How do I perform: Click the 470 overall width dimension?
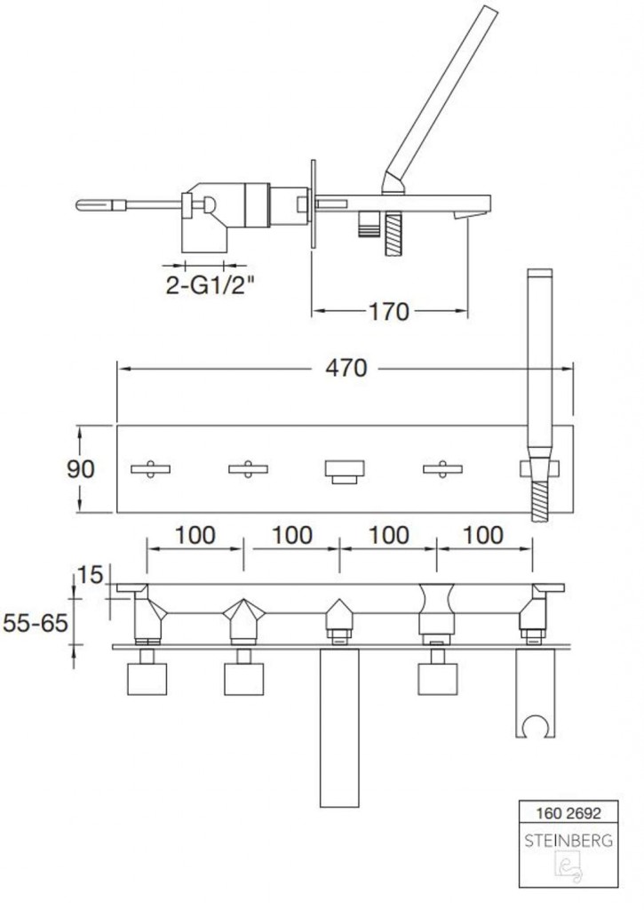point(346,367)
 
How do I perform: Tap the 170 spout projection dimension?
point(389,312)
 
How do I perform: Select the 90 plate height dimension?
point(80,468)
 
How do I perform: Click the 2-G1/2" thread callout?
point(210,284)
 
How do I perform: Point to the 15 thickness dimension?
point(90,575)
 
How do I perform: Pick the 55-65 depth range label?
point(36,623)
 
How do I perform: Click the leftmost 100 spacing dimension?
point(195,535)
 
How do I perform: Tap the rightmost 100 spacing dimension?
point(483,535)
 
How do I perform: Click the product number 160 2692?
point(568,813)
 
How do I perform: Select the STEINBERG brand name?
point(568,840)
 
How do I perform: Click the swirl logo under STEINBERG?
point(569,868)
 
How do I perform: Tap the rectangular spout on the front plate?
point(345,471)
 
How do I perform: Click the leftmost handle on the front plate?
point(150,469)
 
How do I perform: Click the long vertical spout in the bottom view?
point(339,728)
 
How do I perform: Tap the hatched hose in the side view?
point(394,234)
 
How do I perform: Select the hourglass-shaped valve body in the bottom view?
point(437,609)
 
